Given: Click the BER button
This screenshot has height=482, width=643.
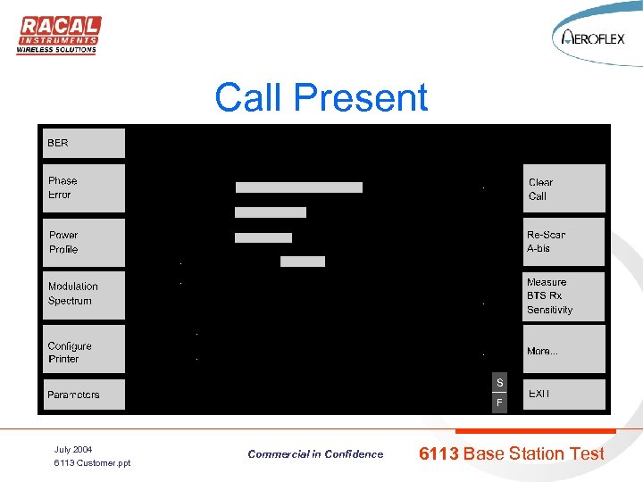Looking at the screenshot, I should click(x=85, y=144).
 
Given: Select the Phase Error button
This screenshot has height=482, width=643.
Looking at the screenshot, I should click(x=85, y=187).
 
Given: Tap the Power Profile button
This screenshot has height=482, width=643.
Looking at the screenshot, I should click(x=85, y=242).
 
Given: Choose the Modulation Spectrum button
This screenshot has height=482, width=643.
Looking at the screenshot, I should click(x=85, y=294).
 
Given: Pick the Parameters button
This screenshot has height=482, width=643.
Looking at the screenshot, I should click(x=85, y=395).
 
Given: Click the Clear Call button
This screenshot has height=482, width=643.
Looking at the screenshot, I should click(x=564, y=188).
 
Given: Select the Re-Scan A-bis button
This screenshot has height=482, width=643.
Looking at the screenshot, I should click(x=564, y=241).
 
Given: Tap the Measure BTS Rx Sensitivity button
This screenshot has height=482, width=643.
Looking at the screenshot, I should click(x=564, y=296).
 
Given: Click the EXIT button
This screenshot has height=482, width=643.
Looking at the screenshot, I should click(x=564, y=395).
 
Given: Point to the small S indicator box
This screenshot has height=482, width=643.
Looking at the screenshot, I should click(x=499, y=383).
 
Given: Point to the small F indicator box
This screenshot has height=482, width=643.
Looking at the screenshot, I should click(x=499, y=403).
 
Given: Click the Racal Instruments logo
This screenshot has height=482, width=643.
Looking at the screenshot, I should click(x=59, y=35).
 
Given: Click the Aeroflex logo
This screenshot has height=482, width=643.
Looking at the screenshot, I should click(x=593, y=37).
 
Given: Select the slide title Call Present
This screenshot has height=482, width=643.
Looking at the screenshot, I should click(x=321, y=97).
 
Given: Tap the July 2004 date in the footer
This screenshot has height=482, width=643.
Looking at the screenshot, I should click(x=73, y=449).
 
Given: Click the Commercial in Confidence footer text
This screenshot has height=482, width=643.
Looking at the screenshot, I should click(x=315, y=454).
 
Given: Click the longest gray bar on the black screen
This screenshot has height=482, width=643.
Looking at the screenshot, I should click(x=299, y=187).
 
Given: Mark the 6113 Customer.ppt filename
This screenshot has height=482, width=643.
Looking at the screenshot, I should click(x=92, y=463).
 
